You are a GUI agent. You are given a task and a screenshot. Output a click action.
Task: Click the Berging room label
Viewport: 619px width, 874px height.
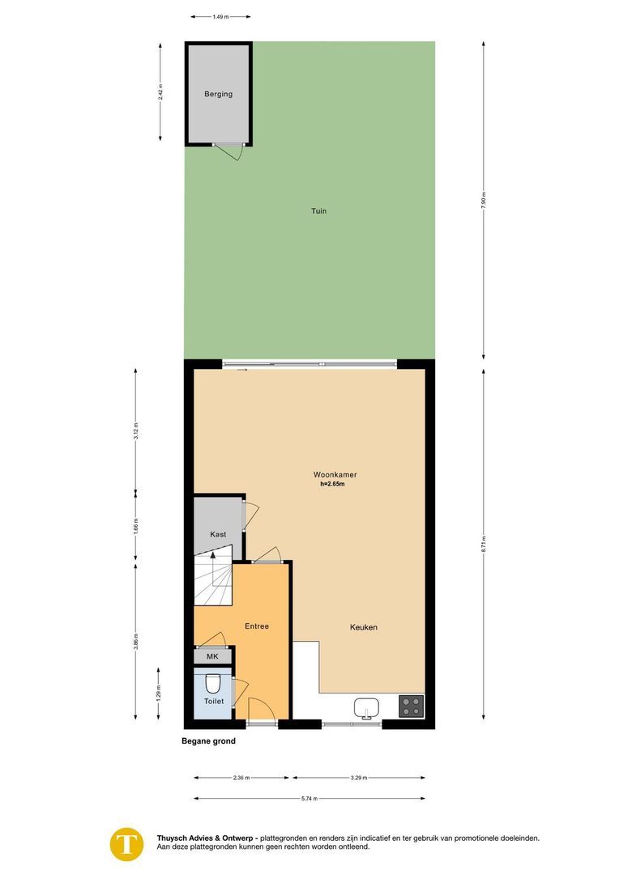coord(218,94)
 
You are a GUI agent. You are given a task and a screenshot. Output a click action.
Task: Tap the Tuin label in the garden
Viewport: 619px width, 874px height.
coord(318,211)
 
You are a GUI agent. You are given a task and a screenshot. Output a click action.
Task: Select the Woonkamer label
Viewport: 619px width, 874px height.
coord(335,474)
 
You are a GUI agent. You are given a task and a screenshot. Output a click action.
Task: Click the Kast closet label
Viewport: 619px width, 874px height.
coord(217,534)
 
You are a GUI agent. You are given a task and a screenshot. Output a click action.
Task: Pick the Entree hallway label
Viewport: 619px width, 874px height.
coord(257,626)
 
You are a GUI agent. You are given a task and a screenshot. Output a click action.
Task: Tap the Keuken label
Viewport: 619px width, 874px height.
coord(364,627)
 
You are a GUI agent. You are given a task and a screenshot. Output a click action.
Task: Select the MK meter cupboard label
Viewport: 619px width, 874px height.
coord(212,656)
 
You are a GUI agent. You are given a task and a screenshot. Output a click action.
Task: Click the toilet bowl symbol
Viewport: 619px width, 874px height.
coord(213,682)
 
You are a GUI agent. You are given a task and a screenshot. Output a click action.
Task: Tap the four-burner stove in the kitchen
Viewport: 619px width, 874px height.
coord(412,706)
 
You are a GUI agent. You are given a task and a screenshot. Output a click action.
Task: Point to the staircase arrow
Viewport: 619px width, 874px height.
coord(213,555)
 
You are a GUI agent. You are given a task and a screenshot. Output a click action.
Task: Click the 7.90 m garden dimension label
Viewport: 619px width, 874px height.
coord(484,200)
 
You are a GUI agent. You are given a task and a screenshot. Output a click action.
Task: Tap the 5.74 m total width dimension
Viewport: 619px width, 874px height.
coord(309,799)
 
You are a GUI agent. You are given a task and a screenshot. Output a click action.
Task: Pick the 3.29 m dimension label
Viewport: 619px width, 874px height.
coord(358,778)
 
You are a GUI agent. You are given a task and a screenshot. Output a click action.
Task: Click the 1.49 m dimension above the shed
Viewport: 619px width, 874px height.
coord(220,16)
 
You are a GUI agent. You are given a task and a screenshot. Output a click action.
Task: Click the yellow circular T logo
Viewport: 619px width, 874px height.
coord(126,842)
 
